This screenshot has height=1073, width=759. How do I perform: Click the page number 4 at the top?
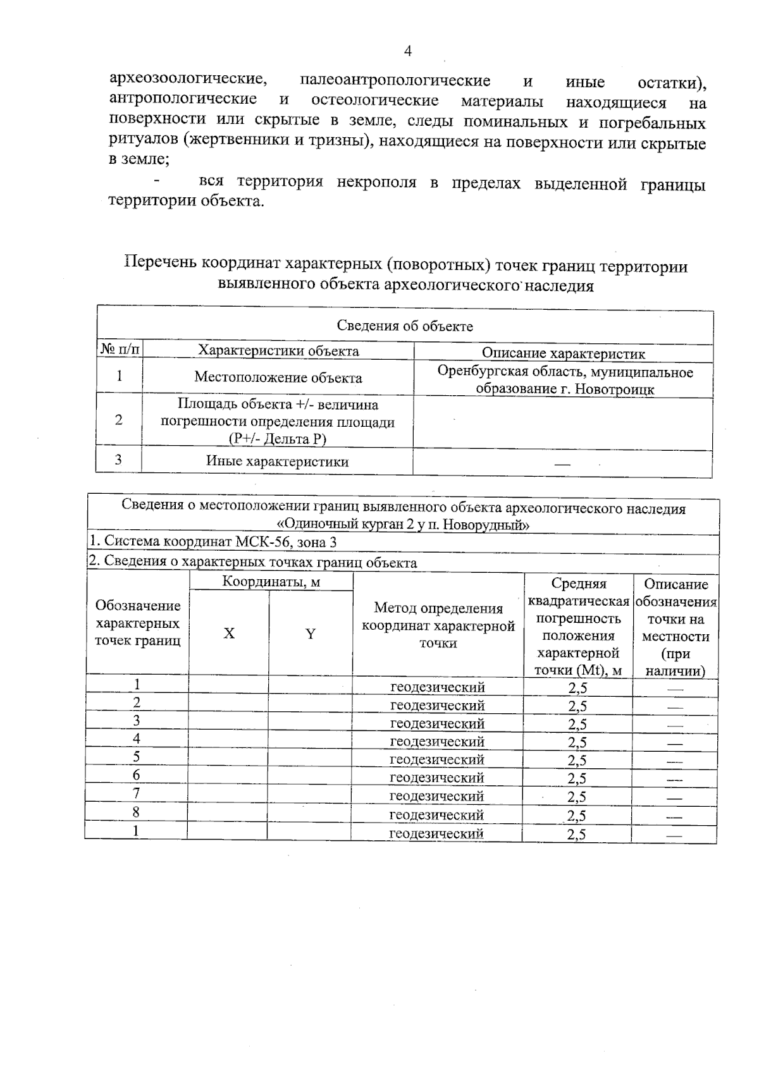coord(407,51)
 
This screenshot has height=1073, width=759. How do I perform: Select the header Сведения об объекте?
coord(405,326)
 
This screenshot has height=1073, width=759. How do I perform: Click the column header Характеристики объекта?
coord(278,352)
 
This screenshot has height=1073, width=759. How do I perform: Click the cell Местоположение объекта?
coord(278,378)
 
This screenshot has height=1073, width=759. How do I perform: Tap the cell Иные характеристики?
coord(277,462)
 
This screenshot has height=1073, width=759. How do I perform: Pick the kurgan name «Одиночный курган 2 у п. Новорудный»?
coord(403,525)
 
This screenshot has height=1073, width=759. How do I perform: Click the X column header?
coord(229,634)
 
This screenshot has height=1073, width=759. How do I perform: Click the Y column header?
coord(311,634)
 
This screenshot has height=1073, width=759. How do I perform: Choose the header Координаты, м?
coord(271,582)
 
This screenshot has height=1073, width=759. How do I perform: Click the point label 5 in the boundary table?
coord(137,757)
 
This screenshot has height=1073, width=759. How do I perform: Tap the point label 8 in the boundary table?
coord(136,812)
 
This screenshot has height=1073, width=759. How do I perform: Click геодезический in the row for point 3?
coord(437,723)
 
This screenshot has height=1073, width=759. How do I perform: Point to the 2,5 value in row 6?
coord(577,778)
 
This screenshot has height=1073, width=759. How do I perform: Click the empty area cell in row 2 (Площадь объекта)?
coord(563,421)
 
